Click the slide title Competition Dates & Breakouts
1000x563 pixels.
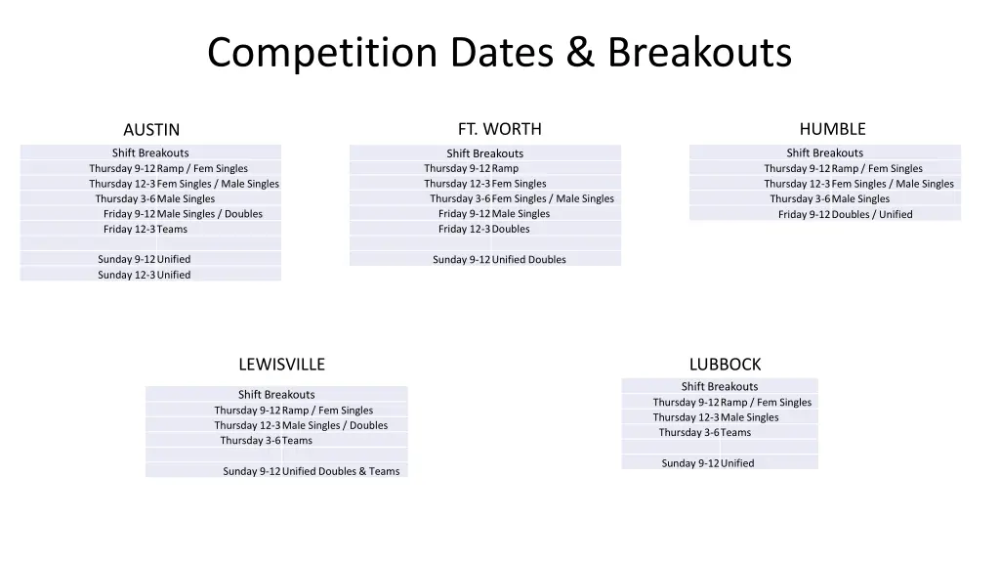click(499, 53)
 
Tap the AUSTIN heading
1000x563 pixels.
click(151, 130)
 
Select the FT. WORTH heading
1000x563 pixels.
click(499, 129)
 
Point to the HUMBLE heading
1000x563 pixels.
click(832, 129)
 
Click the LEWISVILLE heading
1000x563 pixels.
click(281, 365)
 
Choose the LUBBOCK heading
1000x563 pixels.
click(725, 365)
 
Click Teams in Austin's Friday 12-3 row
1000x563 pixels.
click(173, 229)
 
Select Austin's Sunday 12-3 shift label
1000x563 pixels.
click(126, 275)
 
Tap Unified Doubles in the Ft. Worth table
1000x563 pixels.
click(528, 260)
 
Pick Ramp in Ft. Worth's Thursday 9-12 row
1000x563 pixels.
click(506, 168)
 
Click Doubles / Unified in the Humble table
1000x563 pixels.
click(872, 214)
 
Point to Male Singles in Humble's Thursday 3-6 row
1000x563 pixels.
click(860, 198)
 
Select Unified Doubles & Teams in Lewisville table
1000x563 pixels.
click(341, 471)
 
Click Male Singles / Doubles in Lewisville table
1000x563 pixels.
click(335, 425)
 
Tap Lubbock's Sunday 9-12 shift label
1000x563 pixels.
click(689, 463)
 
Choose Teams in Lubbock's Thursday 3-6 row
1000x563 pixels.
click(736, 432)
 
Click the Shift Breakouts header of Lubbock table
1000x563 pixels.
click(720, 386)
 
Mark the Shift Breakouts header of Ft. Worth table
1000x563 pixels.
click(485, 153)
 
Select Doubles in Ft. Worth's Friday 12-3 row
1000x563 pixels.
click(511, 229)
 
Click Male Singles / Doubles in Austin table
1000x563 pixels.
click(210, 214)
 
